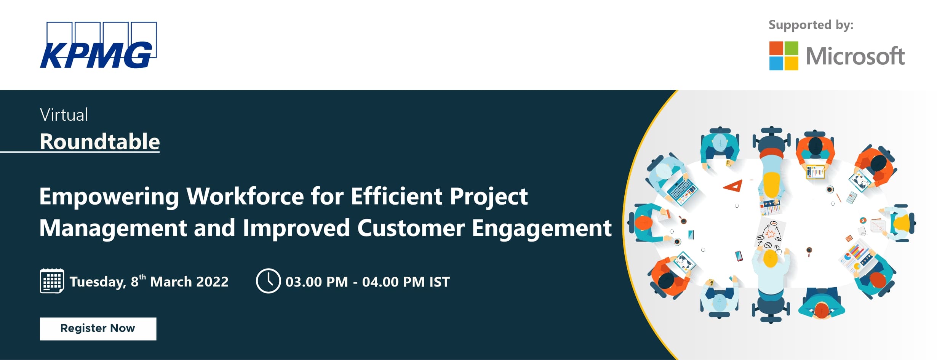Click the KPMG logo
[98, 45]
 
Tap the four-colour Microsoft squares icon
[784, 56]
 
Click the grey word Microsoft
[855, 56]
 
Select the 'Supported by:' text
[811, 25]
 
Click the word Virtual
[64, 115]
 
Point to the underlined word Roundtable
[100, 141]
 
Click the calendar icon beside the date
[52, 281]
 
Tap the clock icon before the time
[268, 281]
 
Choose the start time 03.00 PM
[317, 282]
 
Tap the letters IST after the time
[440, 282]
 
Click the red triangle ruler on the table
[733, 186]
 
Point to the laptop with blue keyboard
[682, 190]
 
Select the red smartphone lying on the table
[739, 256]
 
